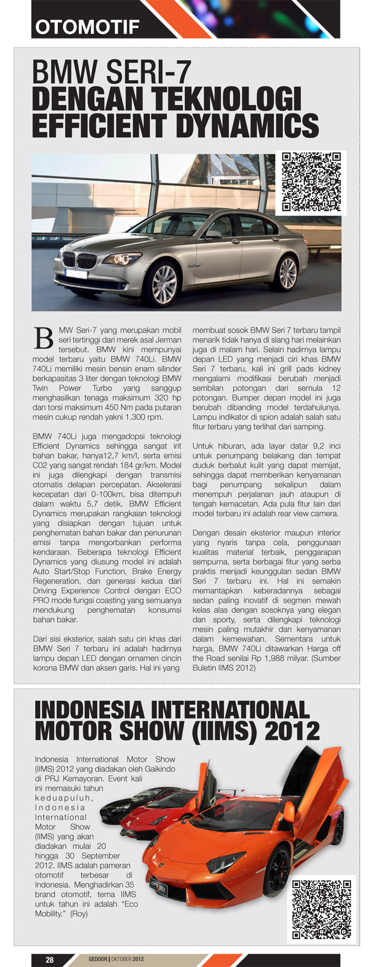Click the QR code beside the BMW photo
click(311, 182)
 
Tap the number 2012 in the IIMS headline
click(292, 732)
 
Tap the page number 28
click(50, 960)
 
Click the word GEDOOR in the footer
click(98, 959)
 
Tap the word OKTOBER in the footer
click(121, 959)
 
